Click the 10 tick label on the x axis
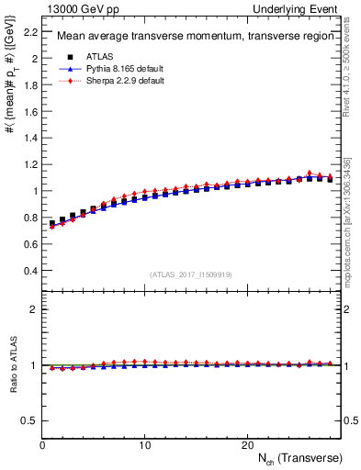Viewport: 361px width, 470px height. point(144,444)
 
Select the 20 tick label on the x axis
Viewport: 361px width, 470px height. point(247,444)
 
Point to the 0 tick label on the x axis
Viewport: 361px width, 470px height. point(42,444)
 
